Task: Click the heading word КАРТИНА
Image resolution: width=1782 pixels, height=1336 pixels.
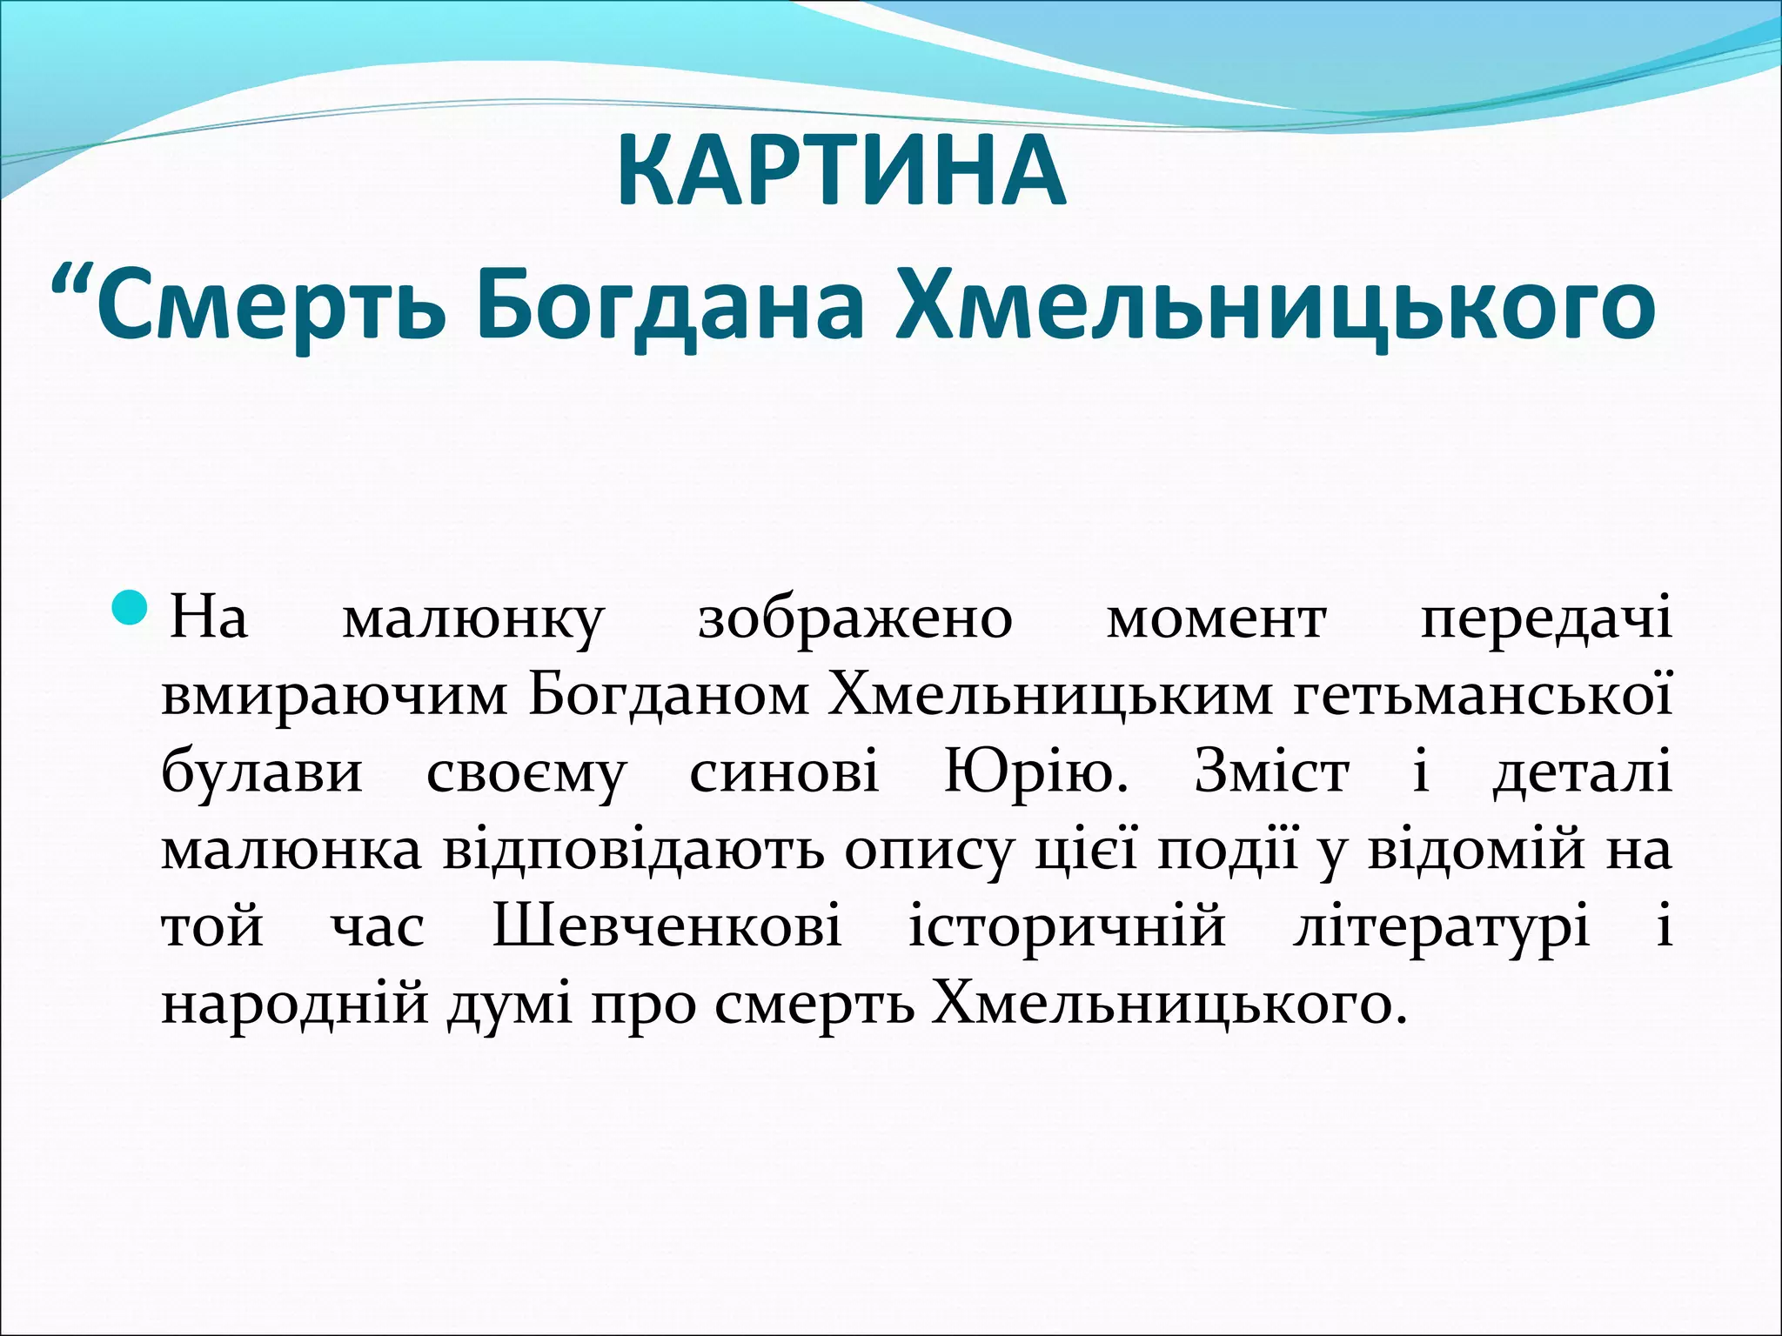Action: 841,172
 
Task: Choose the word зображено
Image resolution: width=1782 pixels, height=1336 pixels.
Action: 855,620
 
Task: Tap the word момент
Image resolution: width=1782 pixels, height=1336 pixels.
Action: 1216,620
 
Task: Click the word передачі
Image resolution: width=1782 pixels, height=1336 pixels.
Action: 1545,620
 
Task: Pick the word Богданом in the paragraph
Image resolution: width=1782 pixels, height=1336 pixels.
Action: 668,696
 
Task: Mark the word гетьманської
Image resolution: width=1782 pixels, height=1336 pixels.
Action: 1482,696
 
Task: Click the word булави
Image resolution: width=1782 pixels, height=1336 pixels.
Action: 261,772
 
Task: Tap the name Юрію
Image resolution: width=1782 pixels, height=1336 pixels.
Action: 1035,772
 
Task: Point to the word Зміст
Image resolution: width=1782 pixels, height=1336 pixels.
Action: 1271,772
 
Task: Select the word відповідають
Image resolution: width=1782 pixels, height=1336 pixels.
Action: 633,850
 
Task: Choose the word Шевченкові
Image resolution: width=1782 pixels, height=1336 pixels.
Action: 667,926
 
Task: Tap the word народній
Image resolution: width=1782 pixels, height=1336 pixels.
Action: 295,1004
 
